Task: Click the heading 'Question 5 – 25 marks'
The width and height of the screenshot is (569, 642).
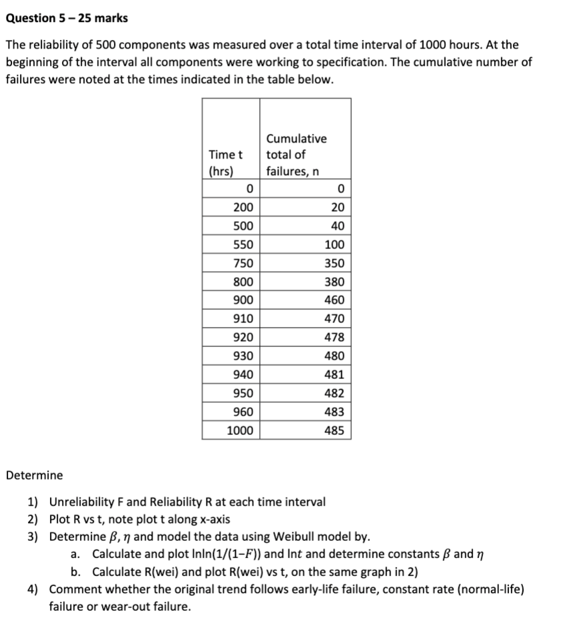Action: tap(67, 18)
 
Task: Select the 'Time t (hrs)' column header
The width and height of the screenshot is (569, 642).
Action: tap(225, 162)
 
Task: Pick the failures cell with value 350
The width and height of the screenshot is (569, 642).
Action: tap(334, 263)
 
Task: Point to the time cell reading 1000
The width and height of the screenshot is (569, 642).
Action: tap(240, 431)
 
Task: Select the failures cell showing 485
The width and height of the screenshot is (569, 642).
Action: tap(334, 431)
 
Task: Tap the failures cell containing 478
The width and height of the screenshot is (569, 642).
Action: tap(334, 338)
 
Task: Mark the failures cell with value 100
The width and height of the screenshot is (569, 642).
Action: tap(334, 244)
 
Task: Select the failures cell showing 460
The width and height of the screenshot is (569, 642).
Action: tap(334, 300)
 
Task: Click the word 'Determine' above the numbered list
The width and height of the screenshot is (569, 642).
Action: tap(35, 476)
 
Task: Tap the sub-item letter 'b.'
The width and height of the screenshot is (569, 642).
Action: tap(77, 572)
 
